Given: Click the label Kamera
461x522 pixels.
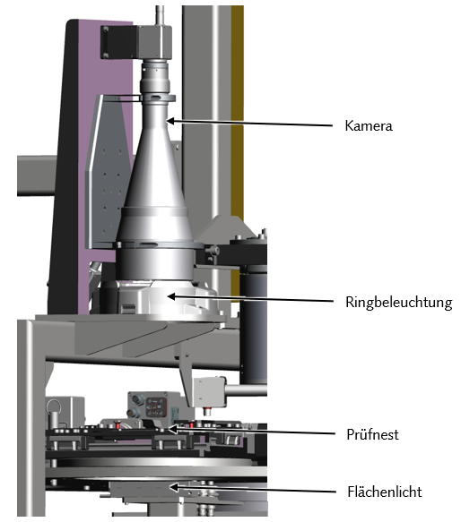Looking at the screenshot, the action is (369, 126).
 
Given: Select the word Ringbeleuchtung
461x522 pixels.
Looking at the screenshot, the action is (398, 303).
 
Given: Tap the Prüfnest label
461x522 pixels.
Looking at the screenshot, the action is (372, 434).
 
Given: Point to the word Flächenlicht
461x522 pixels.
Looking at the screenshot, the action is (384, 492).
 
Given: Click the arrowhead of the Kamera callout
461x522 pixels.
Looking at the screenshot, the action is (170, 121).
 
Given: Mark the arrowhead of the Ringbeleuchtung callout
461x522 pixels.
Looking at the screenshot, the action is (171, 296).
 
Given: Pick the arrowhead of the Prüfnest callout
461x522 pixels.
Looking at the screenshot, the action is (172, 429).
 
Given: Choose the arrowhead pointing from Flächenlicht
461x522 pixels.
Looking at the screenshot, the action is (174, 488).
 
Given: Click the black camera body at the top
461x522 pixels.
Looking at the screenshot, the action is (119, 43).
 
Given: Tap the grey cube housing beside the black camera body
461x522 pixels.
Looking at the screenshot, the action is (155, 41).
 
